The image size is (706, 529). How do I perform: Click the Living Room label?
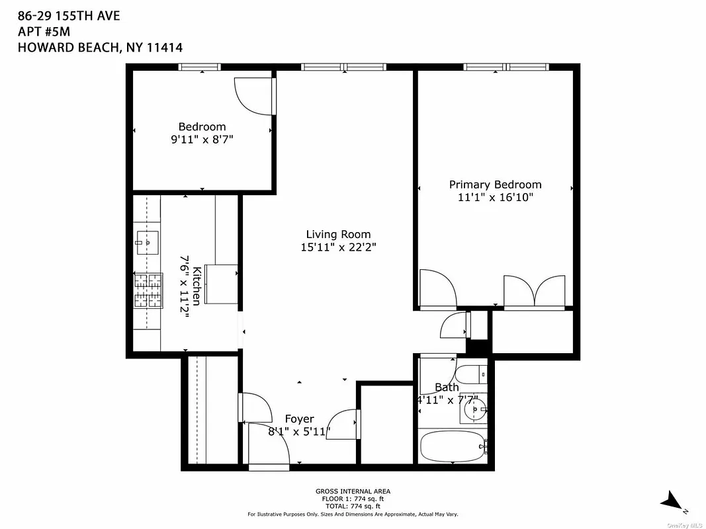[338, 234]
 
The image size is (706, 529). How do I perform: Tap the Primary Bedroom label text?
[495, 184]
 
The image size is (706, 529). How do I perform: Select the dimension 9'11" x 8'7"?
[202, 140]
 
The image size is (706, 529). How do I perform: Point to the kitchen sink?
[148, 243]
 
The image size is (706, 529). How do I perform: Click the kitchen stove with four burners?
[148, 292]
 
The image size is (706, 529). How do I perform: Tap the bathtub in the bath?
[452, 447]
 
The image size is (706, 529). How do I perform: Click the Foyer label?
[299, 419]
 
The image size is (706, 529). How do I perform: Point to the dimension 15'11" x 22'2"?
[338, 247]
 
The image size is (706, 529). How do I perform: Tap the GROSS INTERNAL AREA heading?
[352, 491]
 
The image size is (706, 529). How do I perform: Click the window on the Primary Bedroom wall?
[506, 67]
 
